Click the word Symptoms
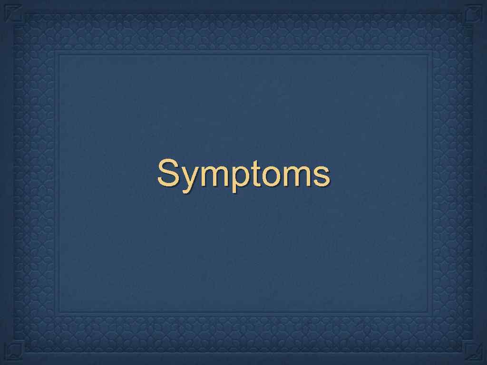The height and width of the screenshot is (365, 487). point(243,174)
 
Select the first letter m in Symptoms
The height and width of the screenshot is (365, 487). point(209,174)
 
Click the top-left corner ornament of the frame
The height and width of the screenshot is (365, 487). point(13,13)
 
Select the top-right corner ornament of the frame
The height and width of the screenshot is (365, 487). point(474,13)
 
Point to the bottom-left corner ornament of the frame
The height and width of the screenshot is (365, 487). point(13,352)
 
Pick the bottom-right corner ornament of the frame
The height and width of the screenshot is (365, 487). point(474,352)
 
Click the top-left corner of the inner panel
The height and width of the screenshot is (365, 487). point(58,54)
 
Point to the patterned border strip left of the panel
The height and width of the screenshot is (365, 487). point(33,183)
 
